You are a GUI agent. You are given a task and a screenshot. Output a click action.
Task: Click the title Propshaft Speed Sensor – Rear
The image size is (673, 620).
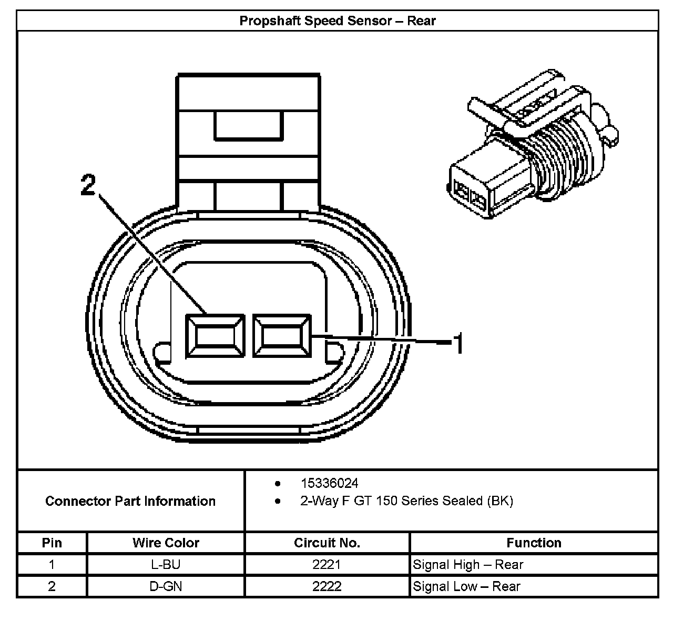point(338,21)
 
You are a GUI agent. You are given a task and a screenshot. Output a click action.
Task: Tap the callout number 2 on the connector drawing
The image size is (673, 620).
point(88,185)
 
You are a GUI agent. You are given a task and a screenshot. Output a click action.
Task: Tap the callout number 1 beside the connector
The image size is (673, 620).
point(458,344)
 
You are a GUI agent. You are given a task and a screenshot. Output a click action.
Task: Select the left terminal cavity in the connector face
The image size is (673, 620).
point(216,336)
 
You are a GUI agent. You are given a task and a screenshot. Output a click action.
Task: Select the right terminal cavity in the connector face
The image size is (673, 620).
point(282,336)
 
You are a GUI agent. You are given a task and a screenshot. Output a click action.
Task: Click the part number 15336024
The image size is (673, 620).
point(329,483)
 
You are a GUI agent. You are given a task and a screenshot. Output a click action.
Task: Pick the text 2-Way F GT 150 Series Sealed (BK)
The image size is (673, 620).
point(406,501)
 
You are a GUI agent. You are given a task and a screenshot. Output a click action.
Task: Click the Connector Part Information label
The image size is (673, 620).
point(130,501)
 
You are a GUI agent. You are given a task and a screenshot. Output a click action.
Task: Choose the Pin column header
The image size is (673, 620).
point(52,543)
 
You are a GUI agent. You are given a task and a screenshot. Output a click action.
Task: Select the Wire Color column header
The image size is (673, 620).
point(166,543)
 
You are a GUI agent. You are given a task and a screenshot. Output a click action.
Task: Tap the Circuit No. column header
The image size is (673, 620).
point(327,543)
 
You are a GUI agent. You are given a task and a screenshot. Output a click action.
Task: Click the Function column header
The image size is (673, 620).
point(534,543)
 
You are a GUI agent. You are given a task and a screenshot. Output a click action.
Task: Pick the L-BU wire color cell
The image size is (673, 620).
point(166,565)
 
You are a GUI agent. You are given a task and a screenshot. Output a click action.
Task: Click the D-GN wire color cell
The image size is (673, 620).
point(166,586)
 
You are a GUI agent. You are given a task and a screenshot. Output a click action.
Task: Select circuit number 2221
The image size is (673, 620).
point(327,565)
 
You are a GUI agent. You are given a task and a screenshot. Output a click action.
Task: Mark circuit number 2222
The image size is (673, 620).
point(327,586)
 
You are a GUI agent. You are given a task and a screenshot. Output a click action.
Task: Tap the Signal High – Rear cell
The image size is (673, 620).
point(468,565)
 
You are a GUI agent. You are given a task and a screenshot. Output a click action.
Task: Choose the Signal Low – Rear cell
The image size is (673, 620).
point(466,586)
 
